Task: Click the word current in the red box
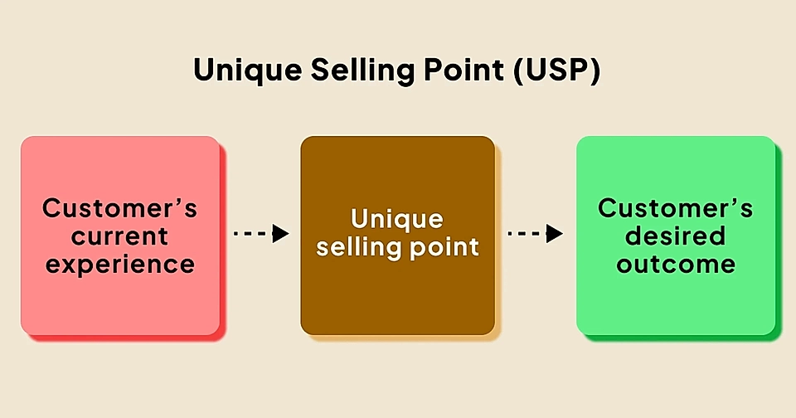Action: click(x=119, y=236)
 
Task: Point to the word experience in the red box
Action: click(x=119, y=265)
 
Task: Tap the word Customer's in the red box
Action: click(x=119, y=207)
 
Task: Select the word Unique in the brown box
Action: click(x=397, y=220)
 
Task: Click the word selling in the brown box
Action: click(x=358, y=247)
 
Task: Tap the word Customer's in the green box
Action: click(x=675, y=207)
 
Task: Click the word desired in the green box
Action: click(x=675, y=236)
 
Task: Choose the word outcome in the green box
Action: click(x=675, y=265)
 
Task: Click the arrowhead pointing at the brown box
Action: click(x=280, y=234)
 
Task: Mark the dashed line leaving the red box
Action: click(x=251, y=234)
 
